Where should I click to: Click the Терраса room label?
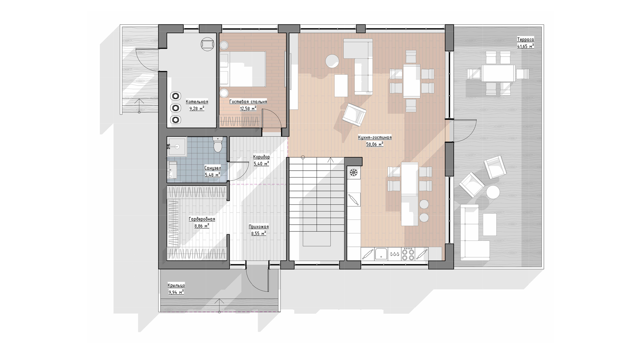point(525,40)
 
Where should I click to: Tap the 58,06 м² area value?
point(375,144)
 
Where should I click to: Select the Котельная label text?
point(197,102)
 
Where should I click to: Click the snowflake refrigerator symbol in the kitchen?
point(354,173)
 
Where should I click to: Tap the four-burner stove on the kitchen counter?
point(408,254)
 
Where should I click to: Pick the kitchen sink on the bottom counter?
point(381,254)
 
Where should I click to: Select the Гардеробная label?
point(202,219)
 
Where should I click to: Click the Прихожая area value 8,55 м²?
point(258,234)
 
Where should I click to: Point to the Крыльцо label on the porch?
point(176,285)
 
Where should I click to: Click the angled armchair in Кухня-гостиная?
point(354,115)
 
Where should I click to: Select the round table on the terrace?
point(493,192)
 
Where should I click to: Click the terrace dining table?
point(498,73)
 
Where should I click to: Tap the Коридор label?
point(261,157)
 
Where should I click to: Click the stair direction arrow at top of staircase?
point(331,160)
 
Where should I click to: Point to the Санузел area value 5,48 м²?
point(212,175)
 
